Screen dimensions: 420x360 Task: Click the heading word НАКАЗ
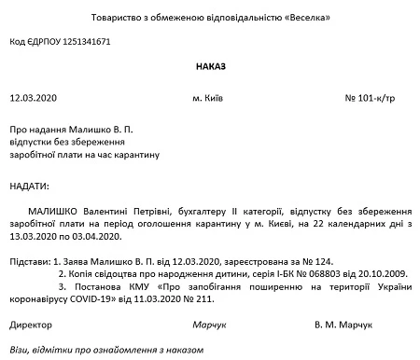(x=212, y=66)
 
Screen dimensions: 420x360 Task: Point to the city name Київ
(x=227, y=97)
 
